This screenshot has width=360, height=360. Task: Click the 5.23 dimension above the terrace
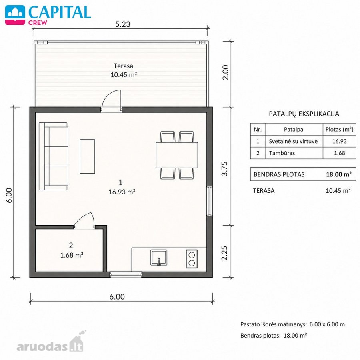(x=123, y=24)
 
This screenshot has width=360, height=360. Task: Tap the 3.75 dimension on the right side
(x=225, y=169)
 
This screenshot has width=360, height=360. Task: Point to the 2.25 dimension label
(x=225, y=253)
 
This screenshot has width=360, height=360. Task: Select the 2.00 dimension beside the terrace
(x=226, y=72)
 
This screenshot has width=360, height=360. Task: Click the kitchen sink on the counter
(x=159, y=258)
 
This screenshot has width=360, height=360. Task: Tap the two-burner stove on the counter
(x=192, y=259)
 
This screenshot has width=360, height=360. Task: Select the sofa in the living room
(x=54, y=156)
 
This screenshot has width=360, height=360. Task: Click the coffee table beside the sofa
(x=87, y=156)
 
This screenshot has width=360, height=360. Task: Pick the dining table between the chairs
(x=177, y=155)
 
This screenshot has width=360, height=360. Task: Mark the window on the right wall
(x=209, y=201)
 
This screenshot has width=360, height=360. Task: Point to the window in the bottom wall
(x=126, y=274)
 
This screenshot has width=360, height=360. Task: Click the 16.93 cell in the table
(x=339, y=141)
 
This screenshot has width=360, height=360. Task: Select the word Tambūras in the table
(x=282, y=153)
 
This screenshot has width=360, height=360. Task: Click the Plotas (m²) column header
(x=339, y=129)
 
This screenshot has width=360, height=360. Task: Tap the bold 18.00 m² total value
(x=339, y=174)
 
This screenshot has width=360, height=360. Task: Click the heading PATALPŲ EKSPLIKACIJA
(x=304, y=114)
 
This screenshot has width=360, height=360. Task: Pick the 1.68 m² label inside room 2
(x=72, y=255)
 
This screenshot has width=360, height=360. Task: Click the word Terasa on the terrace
(x=123, y=66)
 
